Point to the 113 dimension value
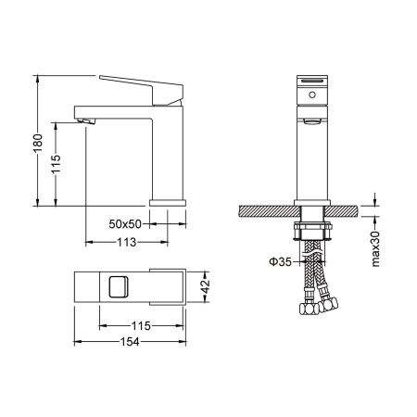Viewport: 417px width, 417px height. point(127,242)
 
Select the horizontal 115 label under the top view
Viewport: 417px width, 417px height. point(141,325)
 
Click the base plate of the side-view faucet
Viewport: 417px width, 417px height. point(166,201)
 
